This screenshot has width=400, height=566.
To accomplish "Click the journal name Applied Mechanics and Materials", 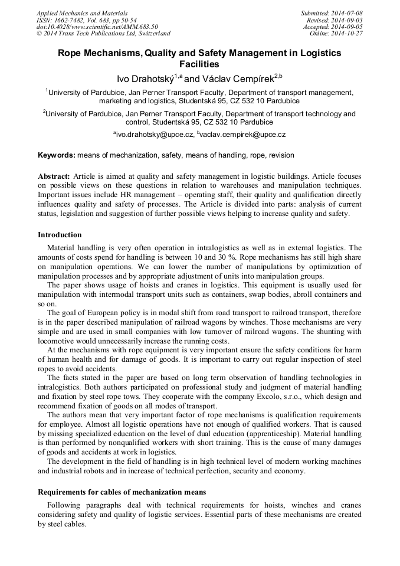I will pos(82,13).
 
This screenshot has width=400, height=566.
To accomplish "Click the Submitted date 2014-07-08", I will pos(346,13).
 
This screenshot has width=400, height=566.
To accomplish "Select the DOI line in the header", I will pos(97,27).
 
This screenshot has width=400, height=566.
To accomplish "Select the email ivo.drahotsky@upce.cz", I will pos(155,135).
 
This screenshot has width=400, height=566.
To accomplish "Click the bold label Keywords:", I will pos(57,155).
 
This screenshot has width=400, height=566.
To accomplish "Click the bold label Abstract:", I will pos(54,176).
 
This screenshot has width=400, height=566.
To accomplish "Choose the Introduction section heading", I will pos(60,235).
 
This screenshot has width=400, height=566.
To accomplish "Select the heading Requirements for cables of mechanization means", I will pos(123,492).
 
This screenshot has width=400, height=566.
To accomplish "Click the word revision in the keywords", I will pos(280,155).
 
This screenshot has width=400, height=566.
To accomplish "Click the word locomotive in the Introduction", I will pos(58,341).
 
